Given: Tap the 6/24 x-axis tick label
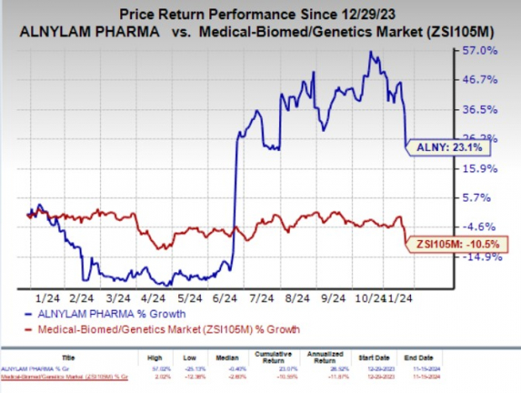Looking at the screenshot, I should click(x=230, y=296).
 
